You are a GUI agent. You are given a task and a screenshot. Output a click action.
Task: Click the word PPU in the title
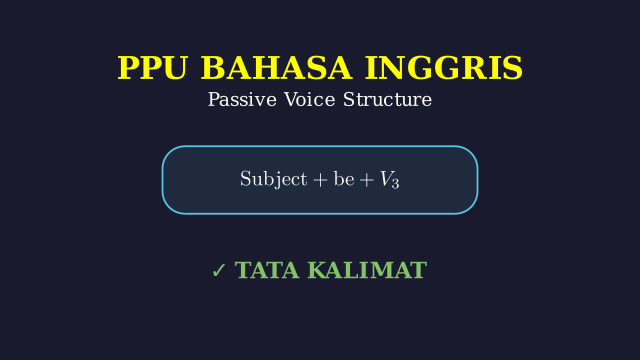point(153,68)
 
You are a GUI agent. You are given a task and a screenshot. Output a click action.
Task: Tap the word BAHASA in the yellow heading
point(276,68)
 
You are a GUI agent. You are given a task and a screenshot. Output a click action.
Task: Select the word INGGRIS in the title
point(443,68)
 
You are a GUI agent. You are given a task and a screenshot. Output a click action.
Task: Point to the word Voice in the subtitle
point(309,99)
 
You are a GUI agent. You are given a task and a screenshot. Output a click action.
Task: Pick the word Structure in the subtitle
point(387,99)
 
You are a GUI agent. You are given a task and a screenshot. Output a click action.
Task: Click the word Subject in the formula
point(273,179)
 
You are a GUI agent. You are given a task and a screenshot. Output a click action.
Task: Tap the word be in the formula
point(344,179)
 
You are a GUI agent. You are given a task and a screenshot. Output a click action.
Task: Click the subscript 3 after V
point(395,183)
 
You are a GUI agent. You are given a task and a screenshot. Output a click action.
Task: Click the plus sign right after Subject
point(320,180)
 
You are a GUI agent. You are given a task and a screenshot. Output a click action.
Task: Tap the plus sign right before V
point(367,180)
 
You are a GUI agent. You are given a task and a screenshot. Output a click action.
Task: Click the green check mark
point(219,270)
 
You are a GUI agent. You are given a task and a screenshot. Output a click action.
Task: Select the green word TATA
point(267,270)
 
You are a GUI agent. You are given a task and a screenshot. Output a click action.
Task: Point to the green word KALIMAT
point(367,270)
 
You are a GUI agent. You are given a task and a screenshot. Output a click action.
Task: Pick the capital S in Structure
point(348,99)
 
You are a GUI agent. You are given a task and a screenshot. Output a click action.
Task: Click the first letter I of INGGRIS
point(371,68)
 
